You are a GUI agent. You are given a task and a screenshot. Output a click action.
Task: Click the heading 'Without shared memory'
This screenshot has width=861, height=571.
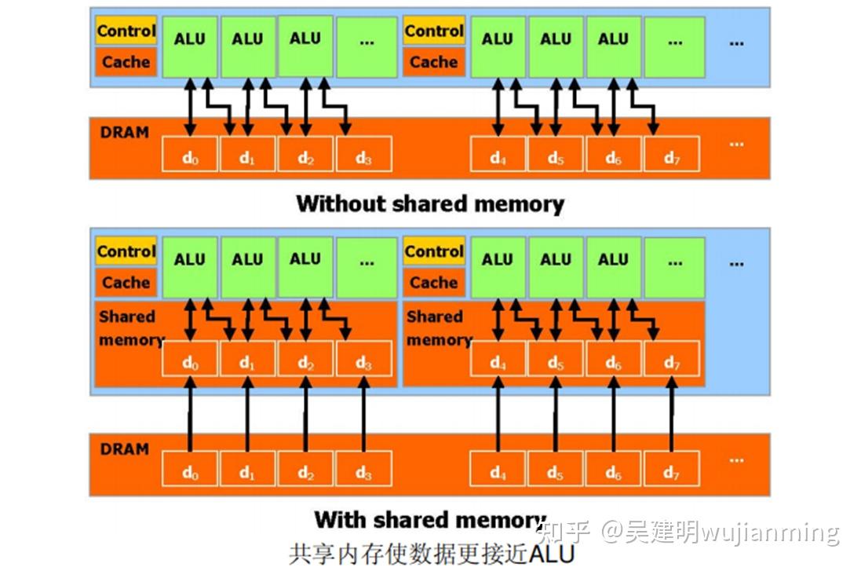coord(429,204)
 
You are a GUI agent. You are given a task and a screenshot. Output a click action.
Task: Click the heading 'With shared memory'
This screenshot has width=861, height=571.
coord(429,520)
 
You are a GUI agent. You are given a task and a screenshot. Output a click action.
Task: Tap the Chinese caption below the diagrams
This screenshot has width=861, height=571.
coord(431,553)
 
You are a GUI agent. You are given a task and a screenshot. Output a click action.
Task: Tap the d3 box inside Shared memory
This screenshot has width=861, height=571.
coord(363,361)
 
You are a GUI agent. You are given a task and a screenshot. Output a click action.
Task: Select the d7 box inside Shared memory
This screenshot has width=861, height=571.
coord(671,361)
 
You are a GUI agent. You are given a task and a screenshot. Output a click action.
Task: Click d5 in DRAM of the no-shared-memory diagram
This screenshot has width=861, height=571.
coord(556,157)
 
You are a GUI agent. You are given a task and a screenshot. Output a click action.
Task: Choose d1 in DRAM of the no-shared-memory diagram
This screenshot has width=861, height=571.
coord(247,157)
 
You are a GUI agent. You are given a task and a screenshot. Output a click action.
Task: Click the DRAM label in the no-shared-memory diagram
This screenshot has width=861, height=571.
coord(124,132)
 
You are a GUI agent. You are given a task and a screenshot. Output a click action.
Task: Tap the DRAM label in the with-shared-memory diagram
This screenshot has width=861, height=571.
coord(124,449)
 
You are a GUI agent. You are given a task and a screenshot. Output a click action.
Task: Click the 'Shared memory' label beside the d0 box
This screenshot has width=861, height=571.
coord(129,328)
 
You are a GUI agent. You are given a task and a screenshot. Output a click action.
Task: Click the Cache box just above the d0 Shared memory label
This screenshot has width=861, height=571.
coord(126,282)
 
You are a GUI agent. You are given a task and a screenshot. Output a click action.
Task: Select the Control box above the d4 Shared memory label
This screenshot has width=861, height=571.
coord(433,252)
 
